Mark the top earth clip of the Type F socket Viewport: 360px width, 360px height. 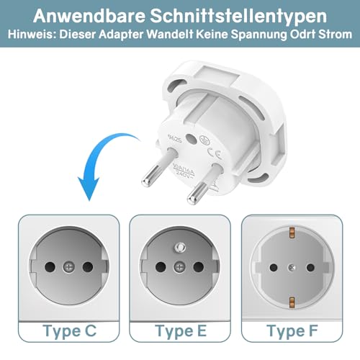pos(292,231)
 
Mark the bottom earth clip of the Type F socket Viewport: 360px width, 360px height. pos(292,302)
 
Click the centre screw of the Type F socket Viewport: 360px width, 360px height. pos(292,267)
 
